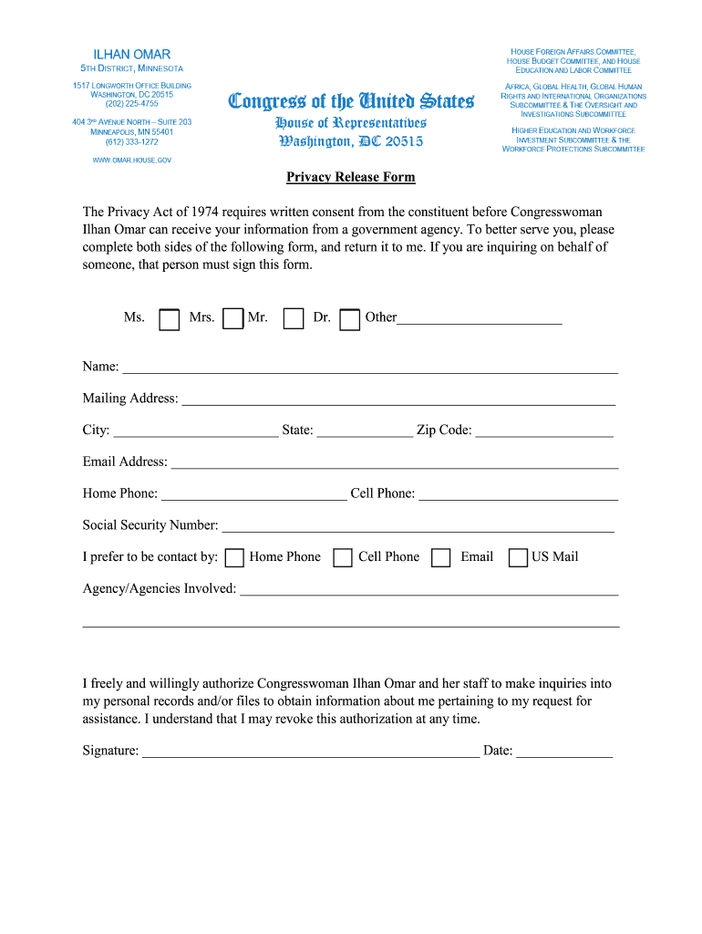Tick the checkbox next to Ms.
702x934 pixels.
[x=169, y=319]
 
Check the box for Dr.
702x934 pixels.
[x=349, y=319]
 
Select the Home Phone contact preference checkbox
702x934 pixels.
[x=234, y=557]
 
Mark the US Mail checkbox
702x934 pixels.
[x=518, y=557]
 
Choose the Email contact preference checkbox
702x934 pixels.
[x=440, y=557]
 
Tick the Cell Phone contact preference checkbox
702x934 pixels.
[x=343, y=557]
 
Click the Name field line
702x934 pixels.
[x=370, y=368]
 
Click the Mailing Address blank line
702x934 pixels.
[x=398, y=400]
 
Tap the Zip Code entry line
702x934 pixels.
[x=543, y=431]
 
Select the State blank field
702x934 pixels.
[x=365, y=431]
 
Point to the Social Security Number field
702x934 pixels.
[x=418, y=526]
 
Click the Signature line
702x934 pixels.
[x=310, y=752]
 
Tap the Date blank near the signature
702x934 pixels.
[x=564, y=752]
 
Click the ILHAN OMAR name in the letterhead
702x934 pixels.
[x=132, y=55]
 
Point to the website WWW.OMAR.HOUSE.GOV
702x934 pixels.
[x=132, y=160]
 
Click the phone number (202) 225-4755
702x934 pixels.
[x=132, y=104]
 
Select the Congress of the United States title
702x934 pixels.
[x=351, y=101]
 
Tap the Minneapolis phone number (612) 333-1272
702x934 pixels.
[x=132, y=141]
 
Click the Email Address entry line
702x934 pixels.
[x=394, y=463]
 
